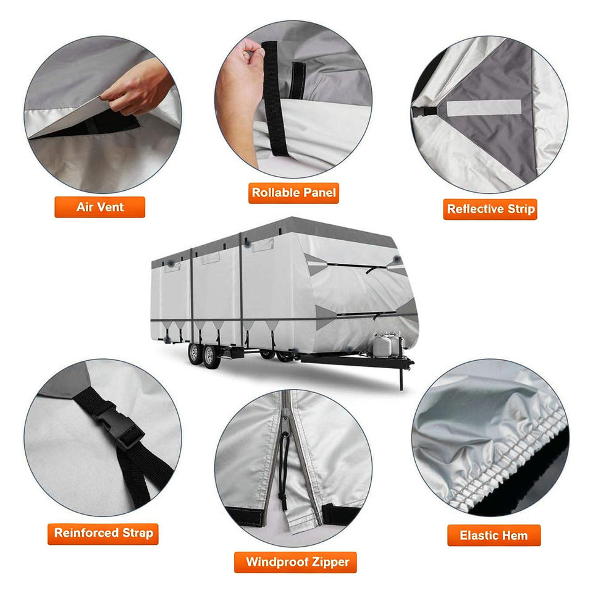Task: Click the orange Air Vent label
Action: click(100, 207)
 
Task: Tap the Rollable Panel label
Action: click(293, 193)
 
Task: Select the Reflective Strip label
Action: click(490, 209)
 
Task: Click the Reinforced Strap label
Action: click(103, 533)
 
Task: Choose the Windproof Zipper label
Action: click(295, 562)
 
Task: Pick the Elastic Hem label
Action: click(494, 535)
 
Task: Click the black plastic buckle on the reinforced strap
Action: click(118, 426)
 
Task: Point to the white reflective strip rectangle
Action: click(484, 108)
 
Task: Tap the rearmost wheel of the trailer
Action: click(194, 353)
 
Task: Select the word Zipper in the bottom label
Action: click(330, 562)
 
